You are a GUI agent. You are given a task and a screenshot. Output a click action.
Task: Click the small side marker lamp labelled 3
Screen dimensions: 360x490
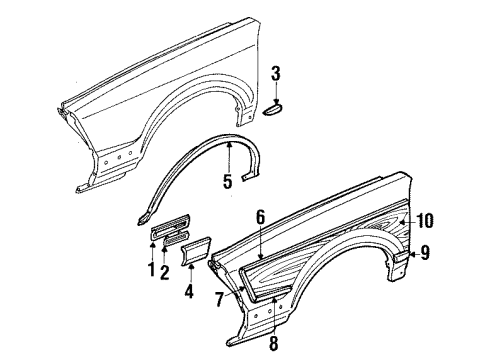[274, 111]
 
